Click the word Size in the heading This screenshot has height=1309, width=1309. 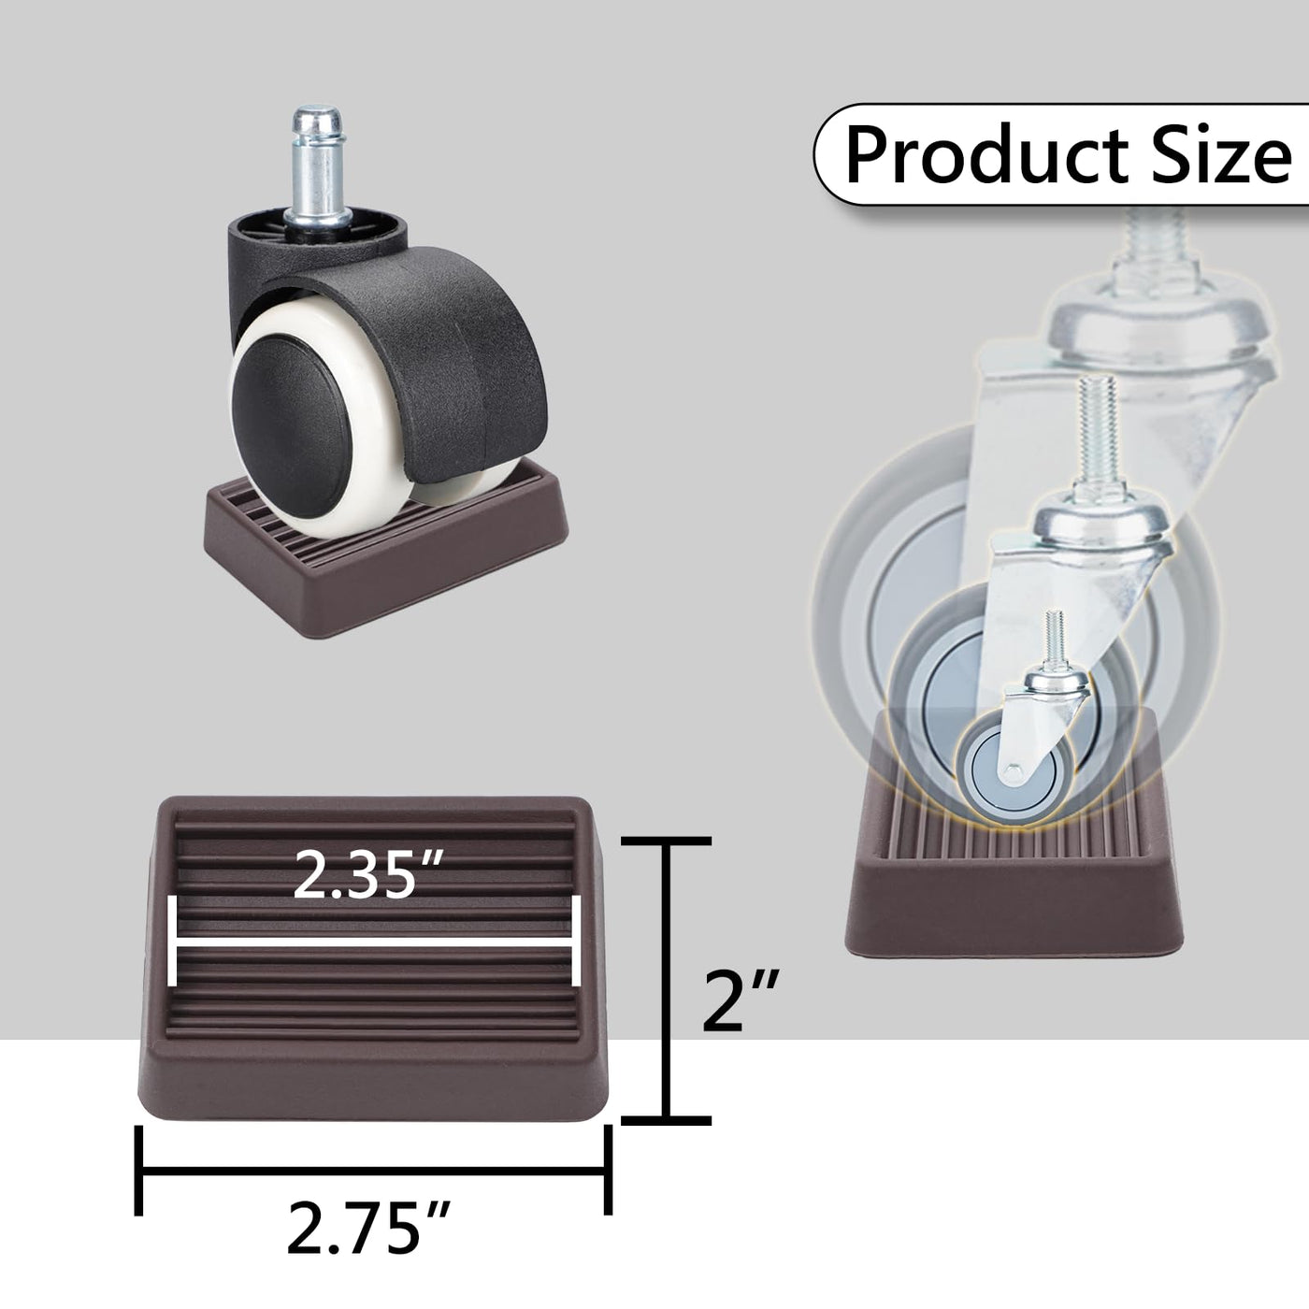(x=1221, y=154)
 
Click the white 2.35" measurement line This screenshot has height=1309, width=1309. (x=374, y=942)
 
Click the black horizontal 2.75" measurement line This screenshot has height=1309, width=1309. (x=373, y=1170)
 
